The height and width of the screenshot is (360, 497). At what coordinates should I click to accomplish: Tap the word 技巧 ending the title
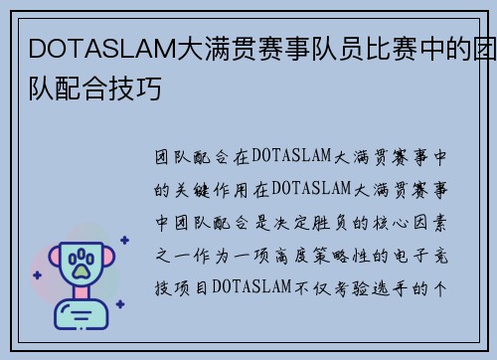(139, 88)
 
